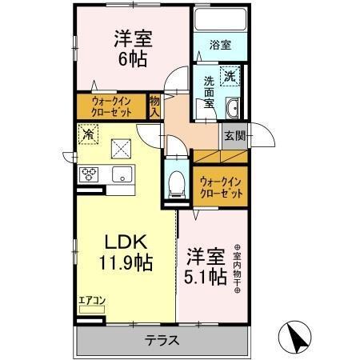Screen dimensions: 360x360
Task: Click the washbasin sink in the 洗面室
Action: coord(233,109)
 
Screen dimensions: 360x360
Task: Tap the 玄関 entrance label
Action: coord(233,136)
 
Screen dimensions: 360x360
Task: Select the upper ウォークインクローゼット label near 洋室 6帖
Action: coord(111,106)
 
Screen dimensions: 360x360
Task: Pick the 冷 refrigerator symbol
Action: coord(88,135)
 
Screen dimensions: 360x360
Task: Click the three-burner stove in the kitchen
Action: coord(87,174)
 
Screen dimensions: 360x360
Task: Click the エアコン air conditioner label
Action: coord(90,302)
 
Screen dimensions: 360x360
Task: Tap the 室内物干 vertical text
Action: coord(237,270)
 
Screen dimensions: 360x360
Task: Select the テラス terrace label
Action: coord(161,341)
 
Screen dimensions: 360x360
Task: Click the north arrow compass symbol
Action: coord(295,337)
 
